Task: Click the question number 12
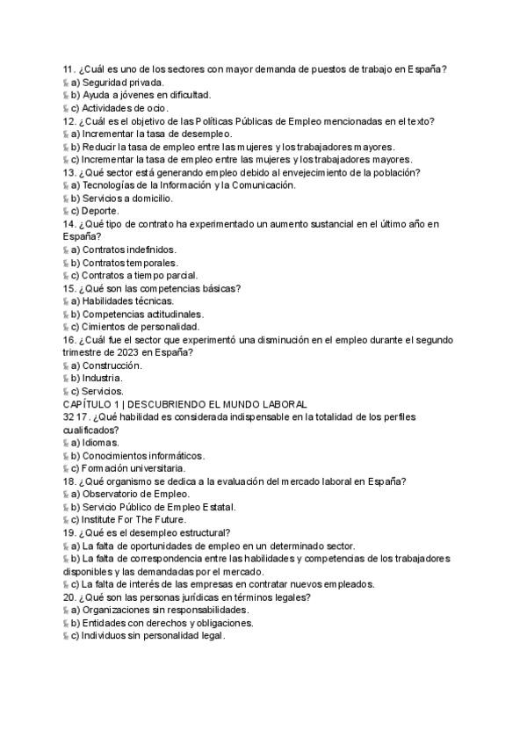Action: point(69,121)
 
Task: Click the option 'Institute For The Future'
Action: point(134,519)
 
